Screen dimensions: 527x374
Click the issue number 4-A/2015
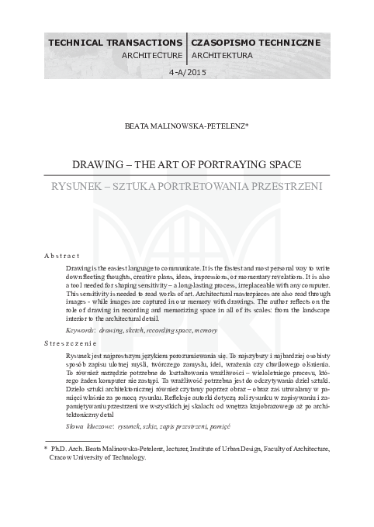click(186, 72)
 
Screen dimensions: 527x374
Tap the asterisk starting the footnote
click(46, 449)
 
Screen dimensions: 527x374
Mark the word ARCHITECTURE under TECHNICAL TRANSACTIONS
click(152, 56)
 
